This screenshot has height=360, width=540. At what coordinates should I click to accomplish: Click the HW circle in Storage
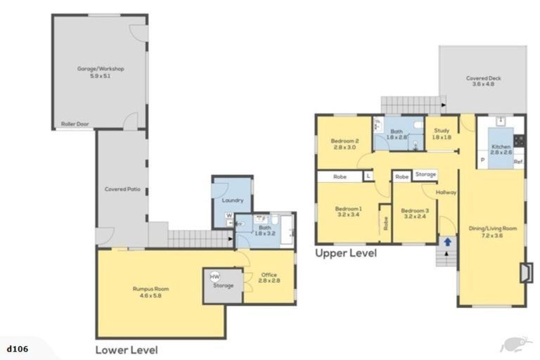215,276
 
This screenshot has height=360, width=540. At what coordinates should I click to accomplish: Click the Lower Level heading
127,349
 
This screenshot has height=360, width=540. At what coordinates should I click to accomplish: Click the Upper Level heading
345,252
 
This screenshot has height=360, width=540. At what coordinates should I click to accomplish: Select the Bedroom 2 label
345,143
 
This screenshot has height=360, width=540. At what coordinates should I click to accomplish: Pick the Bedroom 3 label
415,213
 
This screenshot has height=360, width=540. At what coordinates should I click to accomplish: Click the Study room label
442,134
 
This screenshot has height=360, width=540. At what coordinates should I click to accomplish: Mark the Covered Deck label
482,82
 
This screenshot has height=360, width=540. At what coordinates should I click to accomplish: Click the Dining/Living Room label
492,232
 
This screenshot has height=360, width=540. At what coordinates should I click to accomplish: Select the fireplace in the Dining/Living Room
524,272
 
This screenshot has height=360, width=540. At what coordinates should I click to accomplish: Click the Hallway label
446,192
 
